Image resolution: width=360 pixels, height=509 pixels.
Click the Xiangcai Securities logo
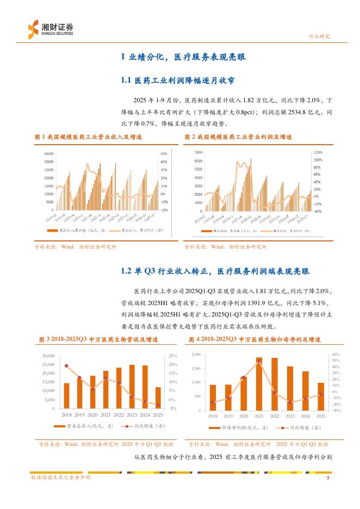pyautogui.click(x=50, y=28)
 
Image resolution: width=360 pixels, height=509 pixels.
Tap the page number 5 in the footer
pyautogui.click(x=328, y=477)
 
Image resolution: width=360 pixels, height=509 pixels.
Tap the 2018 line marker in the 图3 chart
pyautogui.click(x=66, y=366)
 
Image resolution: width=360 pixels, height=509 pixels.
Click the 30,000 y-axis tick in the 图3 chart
pyautogui.click(x=49, y=356)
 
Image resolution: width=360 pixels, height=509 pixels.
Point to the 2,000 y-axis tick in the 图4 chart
pyautogui.click(x=196, y=354)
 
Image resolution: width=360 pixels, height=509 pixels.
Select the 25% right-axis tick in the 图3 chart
pyautogui.click(x=173, y=356)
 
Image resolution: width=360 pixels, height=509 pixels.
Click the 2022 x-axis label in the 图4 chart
pyautogui.click(x=275, y=415)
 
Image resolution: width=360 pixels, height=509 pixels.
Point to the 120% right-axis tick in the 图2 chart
pyautogui.click(x=318, y=153)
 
